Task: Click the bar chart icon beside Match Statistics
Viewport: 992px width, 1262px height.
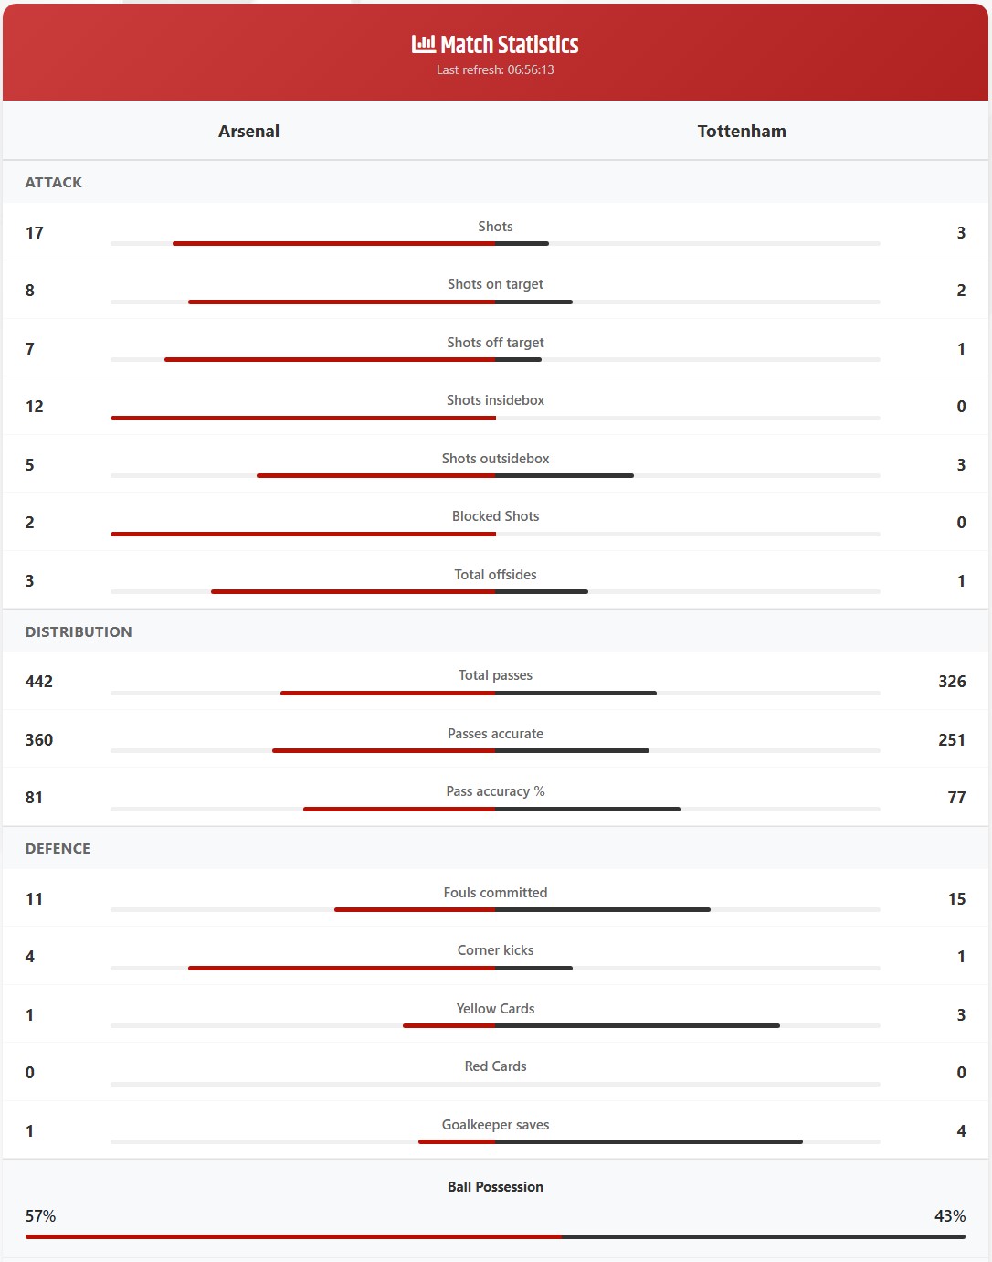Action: click(423, 44)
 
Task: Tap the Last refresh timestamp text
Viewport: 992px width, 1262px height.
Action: click(495, 69)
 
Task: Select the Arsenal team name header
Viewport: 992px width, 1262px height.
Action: click(248, 131)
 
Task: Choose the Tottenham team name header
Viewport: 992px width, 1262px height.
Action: click(742, 131)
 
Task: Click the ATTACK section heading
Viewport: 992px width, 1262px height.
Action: click(53, 183)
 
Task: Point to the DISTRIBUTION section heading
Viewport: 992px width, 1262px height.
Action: click(79, 631)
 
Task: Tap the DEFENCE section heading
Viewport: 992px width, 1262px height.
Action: click(58, 849)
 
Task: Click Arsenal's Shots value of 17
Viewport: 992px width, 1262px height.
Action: click(35, 233)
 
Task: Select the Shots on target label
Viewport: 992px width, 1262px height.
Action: click(495, 284)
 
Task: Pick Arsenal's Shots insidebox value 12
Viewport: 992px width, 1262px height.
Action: click(35, 407)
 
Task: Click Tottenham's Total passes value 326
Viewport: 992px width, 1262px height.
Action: click(952, 682)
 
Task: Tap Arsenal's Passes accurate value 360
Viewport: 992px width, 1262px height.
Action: click(39, 740)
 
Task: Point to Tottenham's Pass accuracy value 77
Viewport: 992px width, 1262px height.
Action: click(956, 798)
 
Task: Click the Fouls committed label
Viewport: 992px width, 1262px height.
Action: click(495, 893)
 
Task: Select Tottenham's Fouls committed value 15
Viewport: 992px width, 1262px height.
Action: click(956, 899)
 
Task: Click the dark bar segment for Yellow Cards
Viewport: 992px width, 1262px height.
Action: click(638, 1025)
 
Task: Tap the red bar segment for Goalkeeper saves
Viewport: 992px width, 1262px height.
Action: click(457, 1141)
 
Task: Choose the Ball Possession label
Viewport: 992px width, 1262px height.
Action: click(495, 1187)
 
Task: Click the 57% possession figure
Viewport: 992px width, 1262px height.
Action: click(40, 1216)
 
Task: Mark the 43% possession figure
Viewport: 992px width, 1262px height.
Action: click(950, 1216)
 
